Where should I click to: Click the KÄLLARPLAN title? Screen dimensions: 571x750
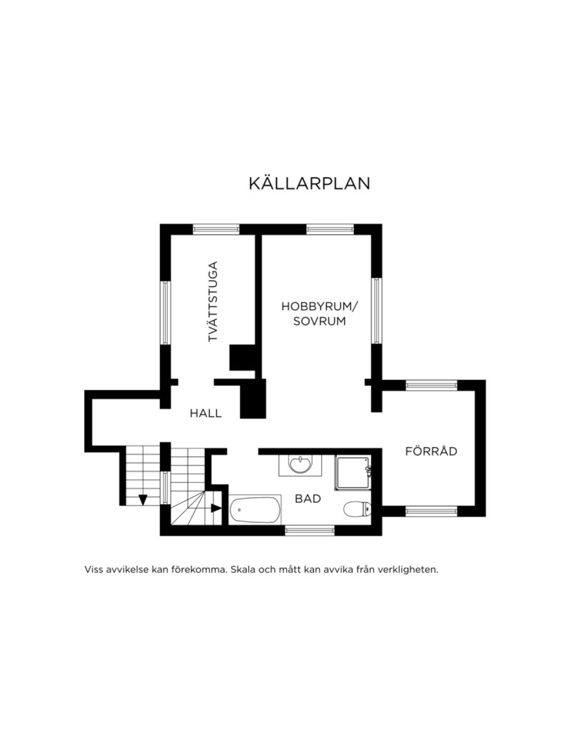[309, 183]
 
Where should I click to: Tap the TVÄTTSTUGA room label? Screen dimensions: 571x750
[213, 301]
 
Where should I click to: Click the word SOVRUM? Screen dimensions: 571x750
[319, 321]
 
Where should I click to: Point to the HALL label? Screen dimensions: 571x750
[206, 413]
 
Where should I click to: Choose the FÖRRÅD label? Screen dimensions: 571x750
[431, 451]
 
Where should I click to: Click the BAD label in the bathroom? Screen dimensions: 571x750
[308, 499]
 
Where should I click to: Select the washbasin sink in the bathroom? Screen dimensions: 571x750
[300, 465]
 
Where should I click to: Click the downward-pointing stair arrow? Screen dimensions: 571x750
[143, 500]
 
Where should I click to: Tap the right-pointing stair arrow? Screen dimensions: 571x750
[217, 508]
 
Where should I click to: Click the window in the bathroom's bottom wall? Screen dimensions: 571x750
[310, 530]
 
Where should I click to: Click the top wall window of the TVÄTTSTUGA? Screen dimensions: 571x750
[216, 229]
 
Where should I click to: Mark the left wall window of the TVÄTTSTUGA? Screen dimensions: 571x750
[165, 313]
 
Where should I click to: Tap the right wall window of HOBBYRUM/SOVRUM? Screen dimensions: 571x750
[376, 310]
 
